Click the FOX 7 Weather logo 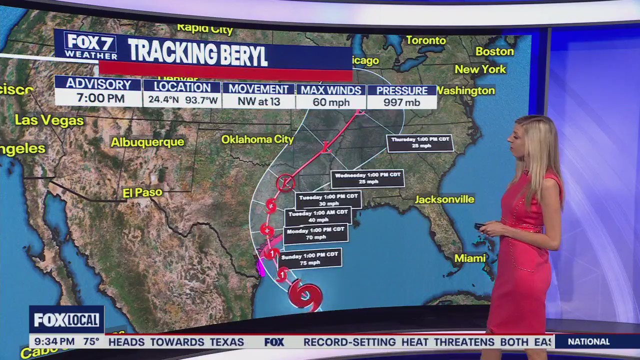click(90, 46)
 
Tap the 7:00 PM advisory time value click(100, 98)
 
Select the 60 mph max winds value click(330, 102)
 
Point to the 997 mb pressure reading click(402, 102)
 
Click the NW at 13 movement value click(258, 102)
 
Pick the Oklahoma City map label click(257, 139)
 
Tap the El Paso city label click(142, 192)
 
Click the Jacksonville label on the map click(444, 199)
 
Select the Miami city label click(470, 258)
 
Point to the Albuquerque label click(147, 142)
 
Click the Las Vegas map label click(49, 120)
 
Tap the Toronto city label click(426, 40)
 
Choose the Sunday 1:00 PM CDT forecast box click(310, 258)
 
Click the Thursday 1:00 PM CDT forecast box click(420, 142)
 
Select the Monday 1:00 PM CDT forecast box click(315, 233)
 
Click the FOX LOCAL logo click(66, 319)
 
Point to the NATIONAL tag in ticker click(589, 342)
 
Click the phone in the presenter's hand click(479, 226)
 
